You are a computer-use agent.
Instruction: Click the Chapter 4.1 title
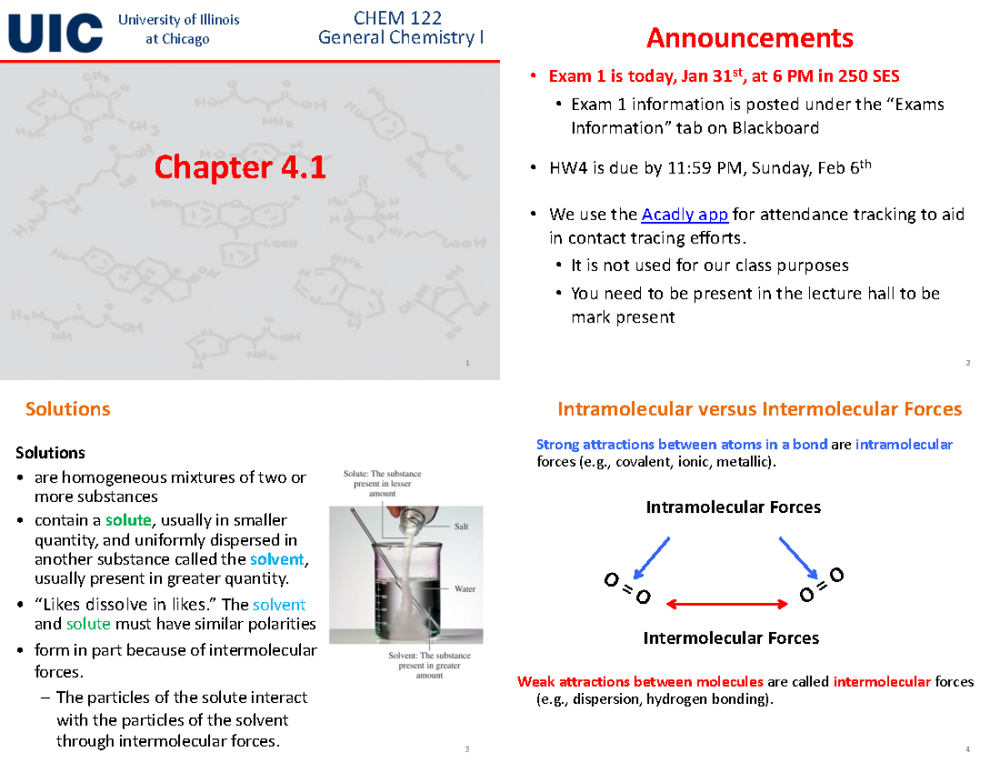[x=238, y=168]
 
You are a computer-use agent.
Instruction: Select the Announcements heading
[x=750, y=38]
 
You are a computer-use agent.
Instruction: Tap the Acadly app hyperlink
[x=685, y=215]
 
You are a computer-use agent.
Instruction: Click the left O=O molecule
[x=627, y=587]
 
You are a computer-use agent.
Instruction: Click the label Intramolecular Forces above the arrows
[x=732, y=507]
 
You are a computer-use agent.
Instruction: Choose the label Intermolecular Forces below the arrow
[x=731, y=638]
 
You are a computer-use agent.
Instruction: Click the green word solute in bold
[x=134, y=520]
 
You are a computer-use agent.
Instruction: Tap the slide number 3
[x=467, y=750]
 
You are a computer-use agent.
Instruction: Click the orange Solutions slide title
[x=68, y=409]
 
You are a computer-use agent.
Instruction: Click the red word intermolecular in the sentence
[x=882, y=682]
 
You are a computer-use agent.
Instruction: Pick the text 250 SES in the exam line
[x=867, y=76]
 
